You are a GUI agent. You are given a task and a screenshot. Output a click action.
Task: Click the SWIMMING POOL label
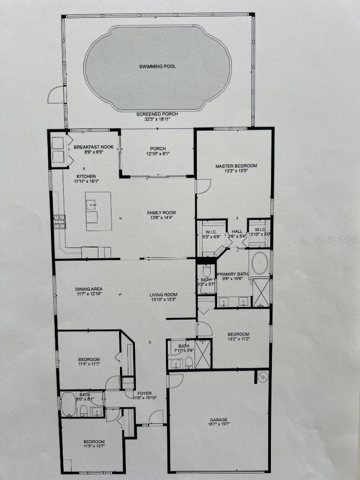click(157, 67)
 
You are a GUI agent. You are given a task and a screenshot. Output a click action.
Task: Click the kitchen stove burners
click(59, 221)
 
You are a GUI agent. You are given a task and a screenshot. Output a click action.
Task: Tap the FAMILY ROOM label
click(161, 212)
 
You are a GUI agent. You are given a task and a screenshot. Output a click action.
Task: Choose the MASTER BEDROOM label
click(236, 166)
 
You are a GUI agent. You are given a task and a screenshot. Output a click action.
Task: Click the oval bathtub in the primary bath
click(259, 263)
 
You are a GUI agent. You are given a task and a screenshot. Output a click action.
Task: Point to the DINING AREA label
click(89, 289)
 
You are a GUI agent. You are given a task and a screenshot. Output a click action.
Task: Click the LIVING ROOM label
click(163, 295)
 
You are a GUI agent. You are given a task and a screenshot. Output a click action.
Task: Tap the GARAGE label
click(218, 420)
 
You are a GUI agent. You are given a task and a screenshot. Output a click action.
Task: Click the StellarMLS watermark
click(337, 240)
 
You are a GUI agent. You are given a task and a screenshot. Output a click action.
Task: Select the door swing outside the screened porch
click(56, 95)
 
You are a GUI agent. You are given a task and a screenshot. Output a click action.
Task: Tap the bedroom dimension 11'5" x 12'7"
click(94, 448)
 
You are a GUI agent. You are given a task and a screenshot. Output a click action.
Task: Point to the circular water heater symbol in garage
click(262, 376)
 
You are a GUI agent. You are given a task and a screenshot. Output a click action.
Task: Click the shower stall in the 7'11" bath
click(202, 354)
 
